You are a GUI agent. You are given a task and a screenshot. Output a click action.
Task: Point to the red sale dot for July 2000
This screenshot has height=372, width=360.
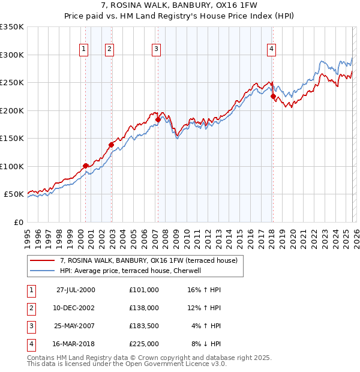[86, 166]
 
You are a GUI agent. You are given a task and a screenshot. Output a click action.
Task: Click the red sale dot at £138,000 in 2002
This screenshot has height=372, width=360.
[111, 145]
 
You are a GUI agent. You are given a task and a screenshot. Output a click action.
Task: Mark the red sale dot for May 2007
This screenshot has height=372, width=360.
[158, 119]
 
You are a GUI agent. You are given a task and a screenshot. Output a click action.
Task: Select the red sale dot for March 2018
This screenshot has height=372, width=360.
[273, 96]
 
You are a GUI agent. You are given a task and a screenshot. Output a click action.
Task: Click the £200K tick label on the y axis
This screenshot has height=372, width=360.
[12, 110]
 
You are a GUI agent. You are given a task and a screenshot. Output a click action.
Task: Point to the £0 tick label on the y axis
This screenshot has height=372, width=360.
[18, 222]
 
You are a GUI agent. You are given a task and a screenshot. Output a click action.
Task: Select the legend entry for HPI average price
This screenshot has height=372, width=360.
[133, 271]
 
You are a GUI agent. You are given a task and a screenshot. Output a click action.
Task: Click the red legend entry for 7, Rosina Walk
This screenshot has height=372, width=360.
[149, 260]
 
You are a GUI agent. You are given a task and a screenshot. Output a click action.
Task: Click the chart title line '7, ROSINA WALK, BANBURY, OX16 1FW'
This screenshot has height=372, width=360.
[180, 7]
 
